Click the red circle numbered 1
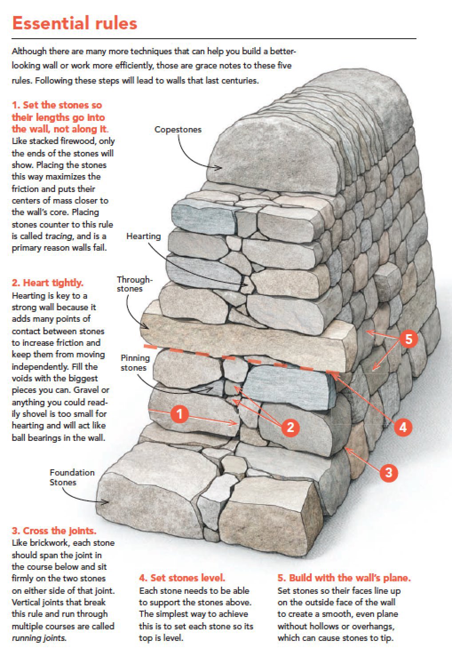pyautogui.click(x=179, y=414)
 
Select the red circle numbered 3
pyautogui.click(x=389, y=472)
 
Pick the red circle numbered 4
pyautogui.click(x=403, y=427)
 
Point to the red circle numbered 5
pyautogui.click(x=408, y=339)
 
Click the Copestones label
pyautogui.click(x=178, y=129)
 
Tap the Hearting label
pyautogui.click(x=143, y=236)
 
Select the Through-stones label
pyautogui.click(x=134, y=284)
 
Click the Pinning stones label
pyautogui.click(x=135, y=363)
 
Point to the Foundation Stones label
pyautogui.click(x=72, y=477)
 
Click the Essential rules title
pyautogui.click(x=75, y=23)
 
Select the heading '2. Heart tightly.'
pyautogui.click(x=48, y=283)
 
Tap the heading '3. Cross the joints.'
pyautogui.click(x=54, y=531)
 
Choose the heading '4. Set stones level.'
pyautogui.click(x=182, y=578)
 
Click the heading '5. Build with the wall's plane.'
pyautogui.click(x=344, y=578)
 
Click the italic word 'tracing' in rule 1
pyautogui.click(x=58, y=236)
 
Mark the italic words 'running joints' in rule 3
pyautogui.click(x=39, y=638)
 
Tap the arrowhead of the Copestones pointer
pyautogui.click(x=219, y=168)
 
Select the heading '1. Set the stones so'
pyautogui.click(x=57, y=105)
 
